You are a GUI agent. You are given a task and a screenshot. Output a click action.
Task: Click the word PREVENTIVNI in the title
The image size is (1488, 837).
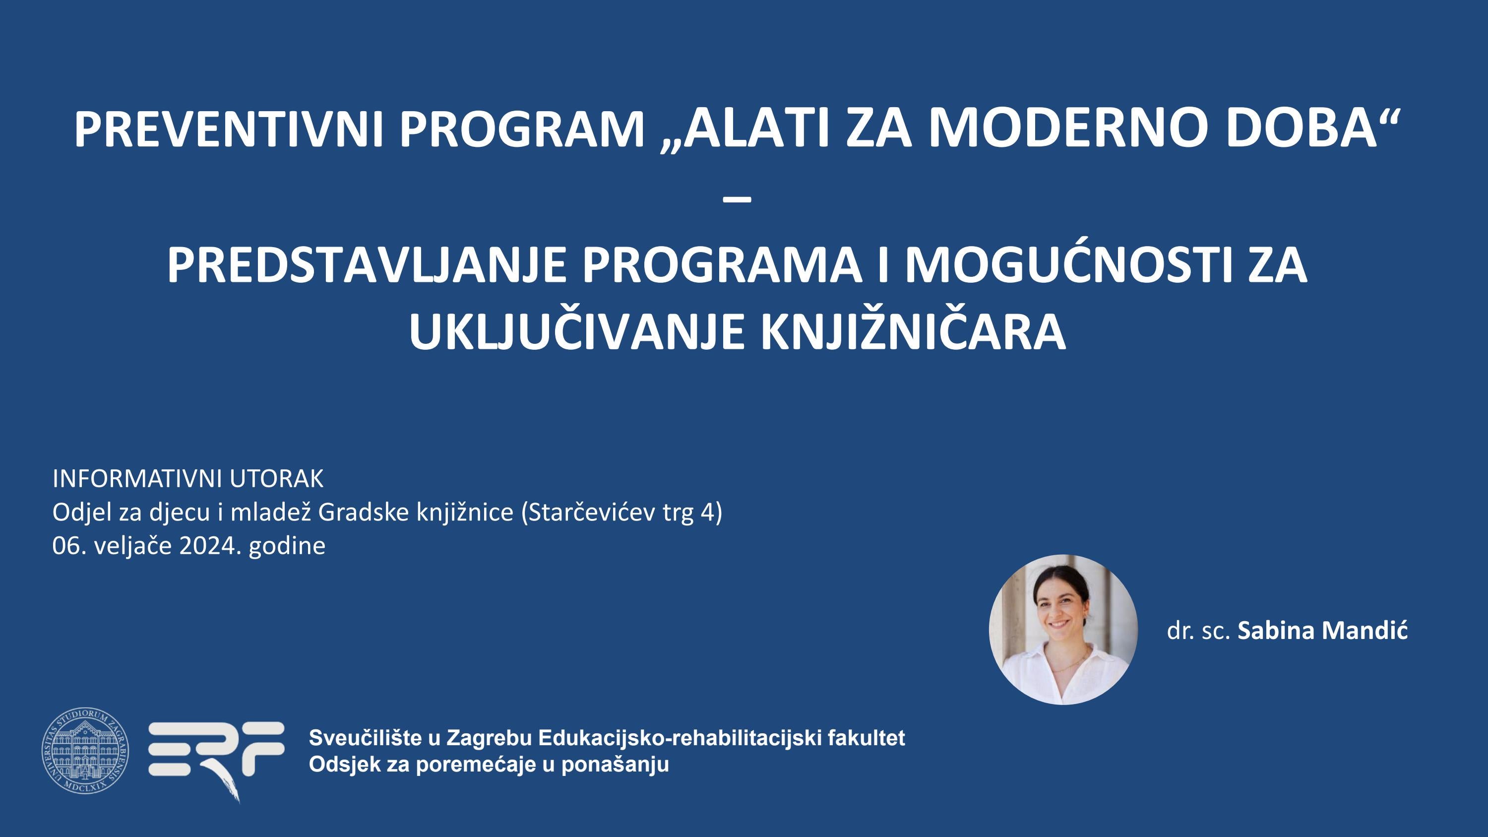click(229, 129)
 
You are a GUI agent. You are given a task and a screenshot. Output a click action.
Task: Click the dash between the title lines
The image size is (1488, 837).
click(737, 199)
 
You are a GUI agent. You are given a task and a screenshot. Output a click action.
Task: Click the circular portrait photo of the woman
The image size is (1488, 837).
click(1063, 630)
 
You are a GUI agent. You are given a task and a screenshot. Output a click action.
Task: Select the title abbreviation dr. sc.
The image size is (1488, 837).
click(1198, 631)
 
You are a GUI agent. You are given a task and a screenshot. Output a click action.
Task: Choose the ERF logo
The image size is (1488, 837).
click(217, 754)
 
